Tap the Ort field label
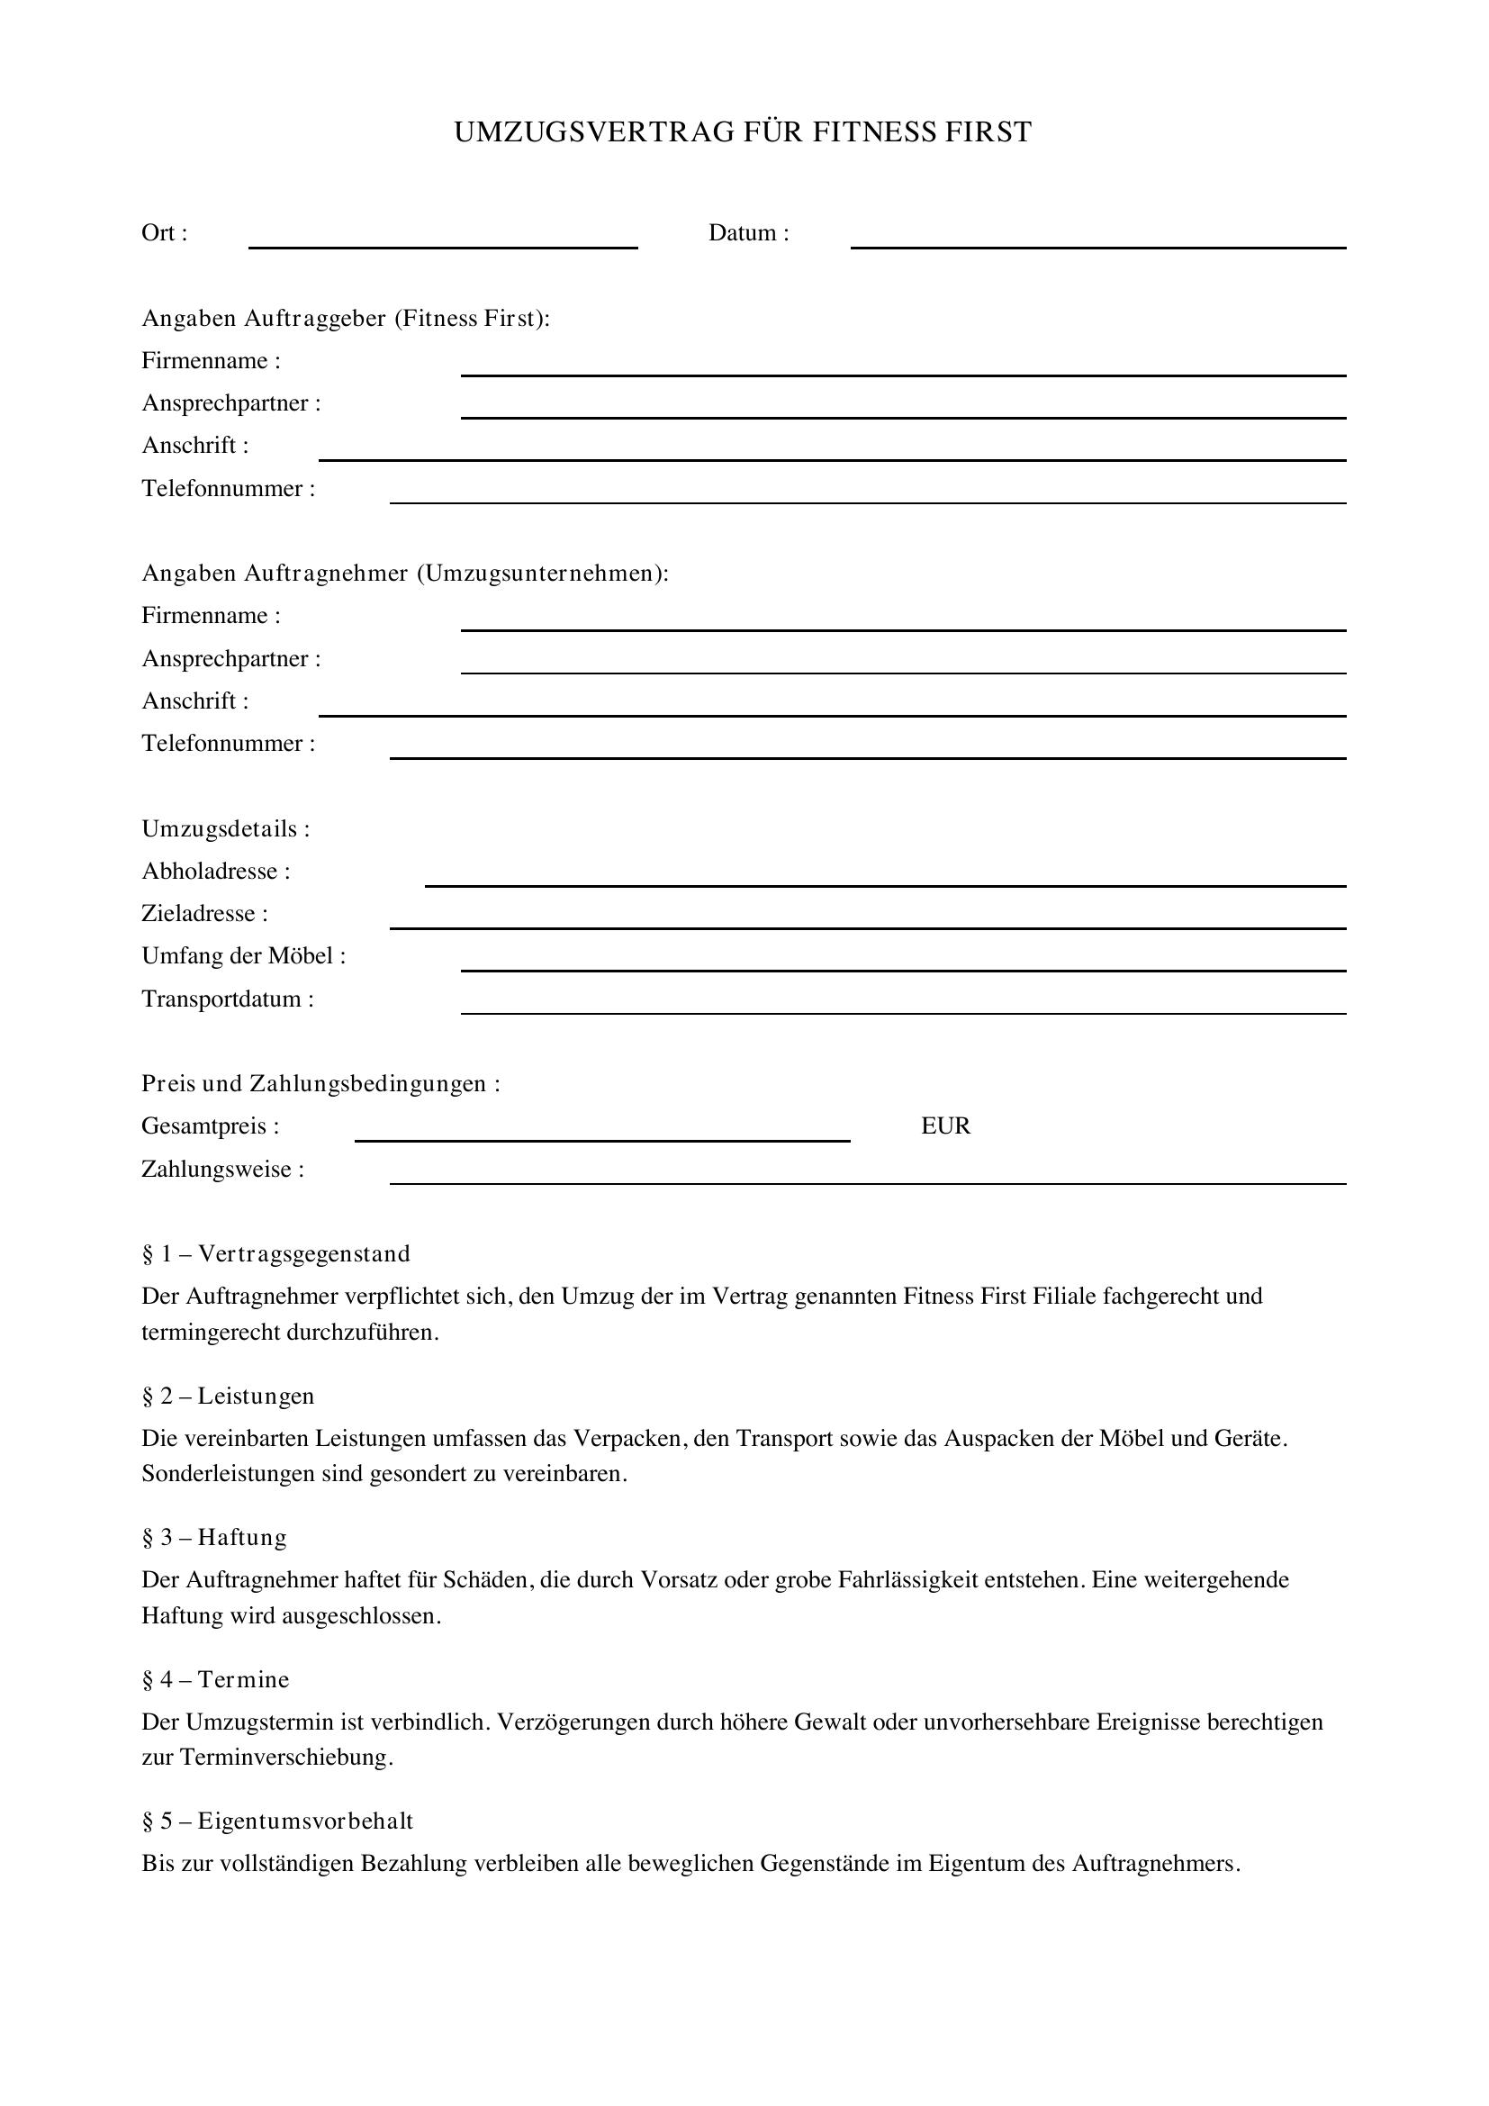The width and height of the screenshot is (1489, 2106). (x=164, y=233)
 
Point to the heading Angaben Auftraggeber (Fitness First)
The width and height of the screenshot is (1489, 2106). (x=346, y=318)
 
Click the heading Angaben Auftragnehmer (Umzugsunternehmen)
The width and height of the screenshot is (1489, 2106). (x=405, y=574)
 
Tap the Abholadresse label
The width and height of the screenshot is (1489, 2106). (x=215, y=872)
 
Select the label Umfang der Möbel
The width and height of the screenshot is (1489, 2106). (x=243, y=957)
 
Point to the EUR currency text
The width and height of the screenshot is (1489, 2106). (x=945, y=1126)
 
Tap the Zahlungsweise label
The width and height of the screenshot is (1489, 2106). (x=221, y=1170)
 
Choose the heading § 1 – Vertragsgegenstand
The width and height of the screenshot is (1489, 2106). (x=276, y=1254)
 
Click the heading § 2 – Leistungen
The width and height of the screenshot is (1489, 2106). (x=229, y=1396)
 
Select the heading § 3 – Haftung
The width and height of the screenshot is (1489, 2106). (x=214, y=1537)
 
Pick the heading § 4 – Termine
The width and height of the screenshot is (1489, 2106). (x=215, y=1679)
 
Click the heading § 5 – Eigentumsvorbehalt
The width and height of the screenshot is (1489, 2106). (x=278, y=1821)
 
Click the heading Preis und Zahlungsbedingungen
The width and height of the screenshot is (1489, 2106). (x=320, y=1084)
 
